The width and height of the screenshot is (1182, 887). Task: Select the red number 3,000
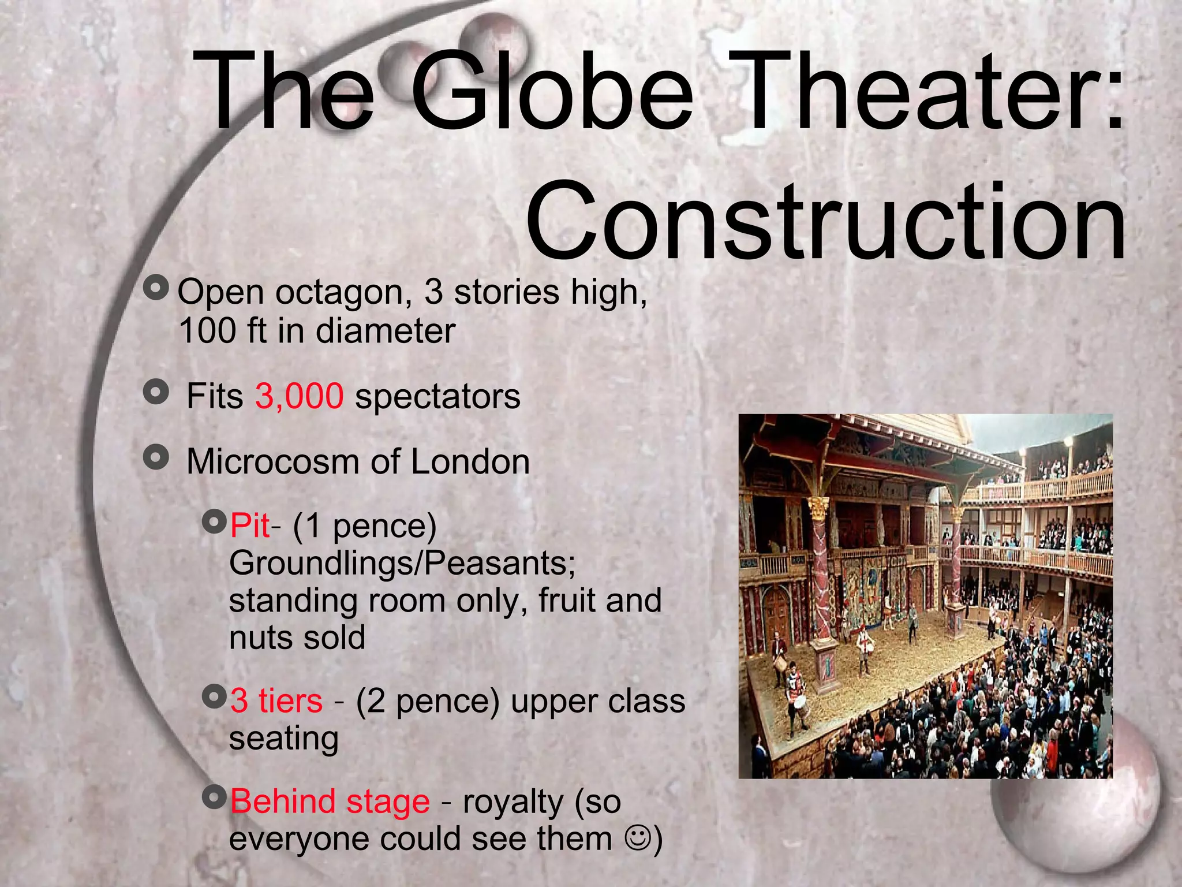[300, 396]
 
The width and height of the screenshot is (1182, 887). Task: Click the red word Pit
[249, 526]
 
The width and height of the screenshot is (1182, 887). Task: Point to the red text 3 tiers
[276, 701]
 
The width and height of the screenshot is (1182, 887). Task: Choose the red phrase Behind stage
[330, 802]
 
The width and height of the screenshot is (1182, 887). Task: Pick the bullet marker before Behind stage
[215, 798]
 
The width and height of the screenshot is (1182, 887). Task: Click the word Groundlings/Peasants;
[402, 563]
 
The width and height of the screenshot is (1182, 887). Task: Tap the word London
[470, 462]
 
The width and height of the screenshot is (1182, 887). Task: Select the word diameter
[386, 330]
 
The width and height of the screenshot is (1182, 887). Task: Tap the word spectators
[437, 396]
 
